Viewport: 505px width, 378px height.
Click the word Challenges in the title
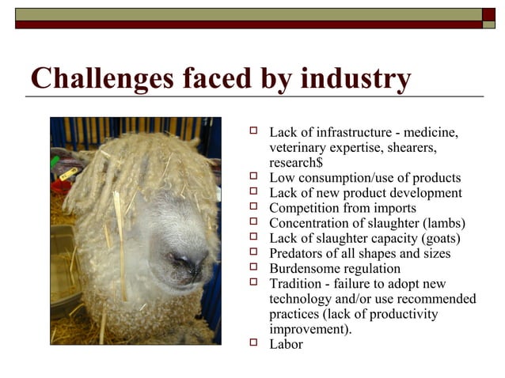coord(93,79)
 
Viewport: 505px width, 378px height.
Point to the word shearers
coord(411,147)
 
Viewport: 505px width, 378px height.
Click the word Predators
coord(298,253)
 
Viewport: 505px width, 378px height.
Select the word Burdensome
coord(306,268)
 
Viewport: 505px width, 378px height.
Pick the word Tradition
coord(296,283)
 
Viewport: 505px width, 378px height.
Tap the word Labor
coord(286,344)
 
